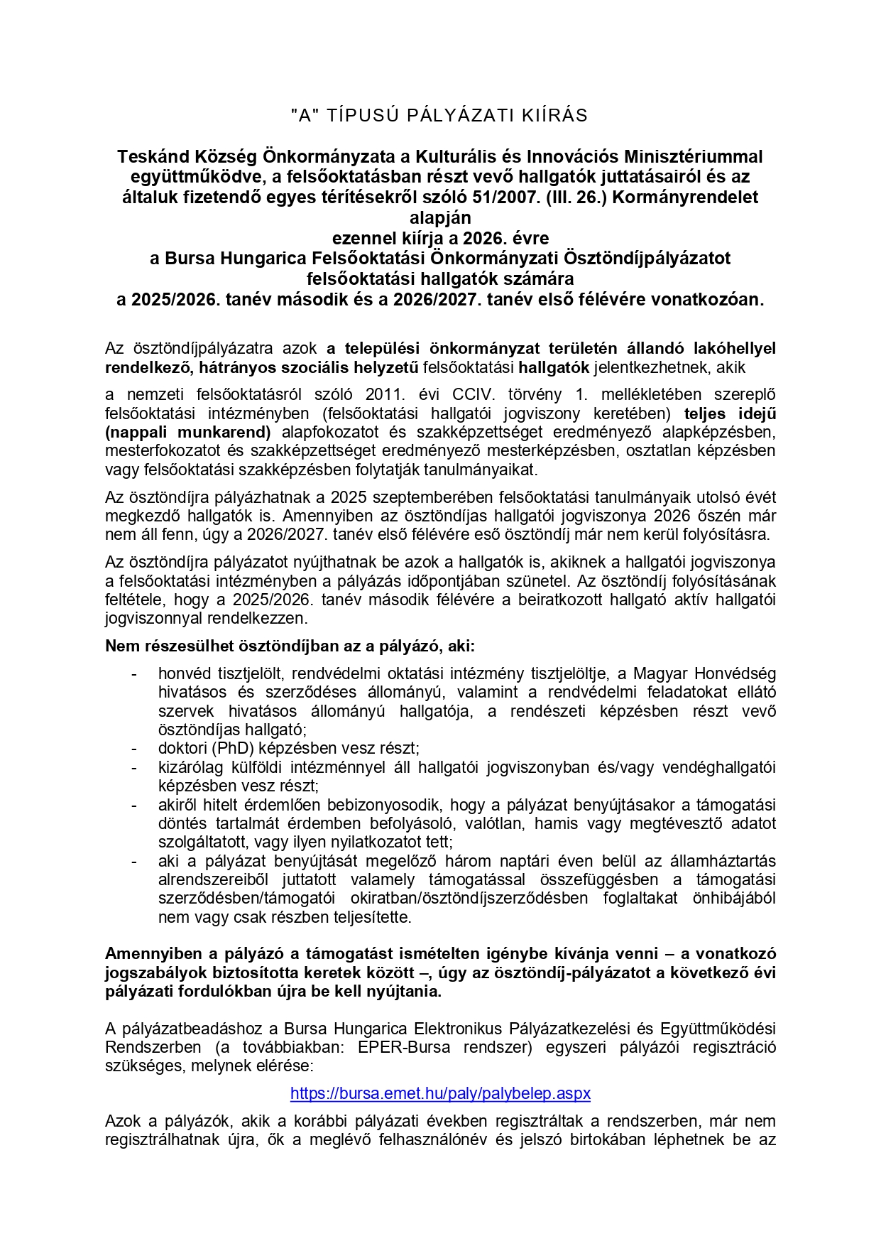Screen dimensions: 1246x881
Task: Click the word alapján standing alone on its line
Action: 440,217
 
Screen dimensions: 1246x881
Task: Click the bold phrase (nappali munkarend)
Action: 188,432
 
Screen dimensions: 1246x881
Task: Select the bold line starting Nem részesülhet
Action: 290,646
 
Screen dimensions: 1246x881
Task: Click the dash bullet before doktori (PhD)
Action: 133,749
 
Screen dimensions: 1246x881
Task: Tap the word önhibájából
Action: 734,899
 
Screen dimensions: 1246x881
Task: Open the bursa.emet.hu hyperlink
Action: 440,1093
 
